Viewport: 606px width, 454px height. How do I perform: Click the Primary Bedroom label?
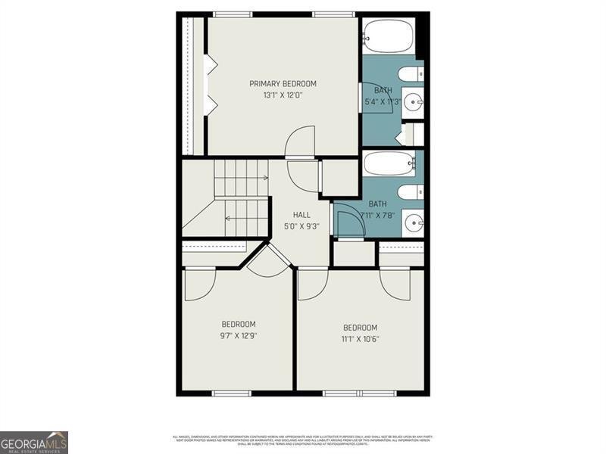pos(283,83)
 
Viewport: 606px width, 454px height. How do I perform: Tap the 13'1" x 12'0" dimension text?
pos(283,95)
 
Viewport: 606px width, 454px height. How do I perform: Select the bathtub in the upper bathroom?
pos(388,35)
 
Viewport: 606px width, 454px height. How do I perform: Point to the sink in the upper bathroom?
pos(414,101)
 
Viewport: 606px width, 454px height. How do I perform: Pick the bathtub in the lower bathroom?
pos(388,163)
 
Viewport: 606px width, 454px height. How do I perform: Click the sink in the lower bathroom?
pos(414,222)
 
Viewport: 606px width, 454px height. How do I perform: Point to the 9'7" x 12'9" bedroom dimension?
pos(238,336)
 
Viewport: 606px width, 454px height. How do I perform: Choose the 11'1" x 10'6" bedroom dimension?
pos(360,339)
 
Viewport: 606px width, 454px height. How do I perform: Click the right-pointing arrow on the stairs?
pos(264,178)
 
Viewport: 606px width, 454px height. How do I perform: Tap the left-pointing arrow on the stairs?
pos(228,219)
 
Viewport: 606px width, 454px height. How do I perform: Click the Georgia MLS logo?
pos(34,442)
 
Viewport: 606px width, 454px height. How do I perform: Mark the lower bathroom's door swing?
pos(348,224)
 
